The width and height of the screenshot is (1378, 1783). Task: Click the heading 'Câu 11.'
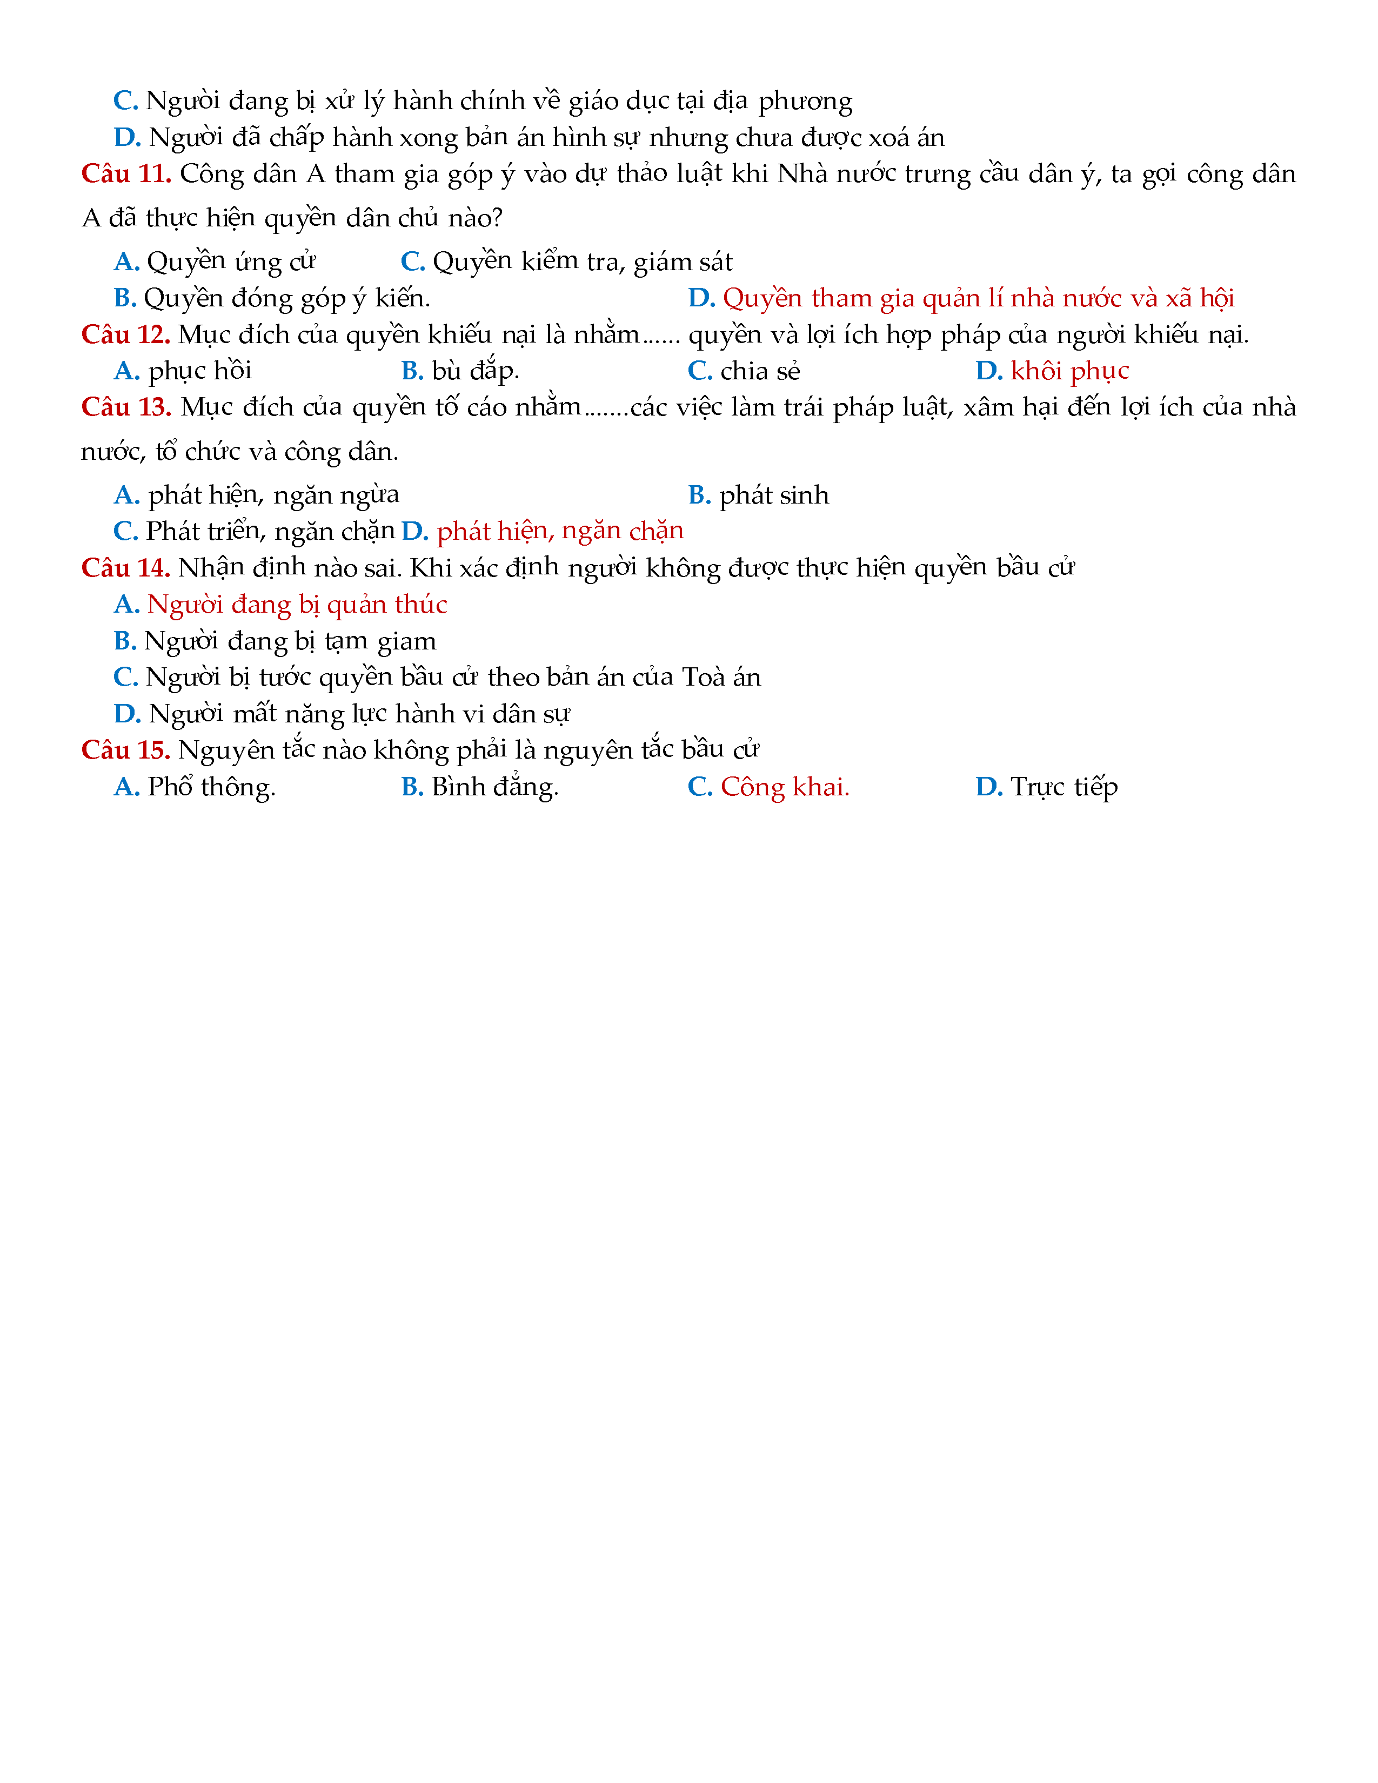tap(126, 174)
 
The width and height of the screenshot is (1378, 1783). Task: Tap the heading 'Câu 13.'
tap(126, 407)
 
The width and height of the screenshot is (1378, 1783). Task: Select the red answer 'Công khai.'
tap(785, 787)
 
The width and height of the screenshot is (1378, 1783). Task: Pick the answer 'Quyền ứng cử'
tap(231, 262)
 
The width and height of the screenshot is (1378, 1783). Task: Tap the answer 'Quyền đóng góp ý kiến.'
tap(286, 299)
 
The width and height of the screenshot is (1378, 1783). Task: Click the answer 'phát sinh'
tap(773, 495)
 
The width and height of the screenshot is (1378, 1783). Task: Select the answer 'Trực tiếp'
tap(1063, 787)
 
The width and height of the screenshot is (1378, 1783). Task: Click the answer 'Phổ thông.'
tap(211, 787)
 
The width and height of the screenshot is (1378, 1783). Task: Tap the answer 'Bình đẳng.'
tap(494, 787)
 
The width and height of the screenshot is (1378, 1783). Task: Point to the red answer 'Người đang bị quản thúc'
tap(297, 605)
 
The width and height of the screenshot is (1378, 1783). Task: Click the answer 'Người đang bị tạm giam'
tap(290, 642)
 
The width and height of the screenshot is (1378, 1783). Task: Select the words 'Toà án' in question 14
tap(721, 678)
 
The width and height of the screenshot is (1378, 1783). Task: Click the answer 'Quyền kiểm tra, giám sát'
tap(582, 262)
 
